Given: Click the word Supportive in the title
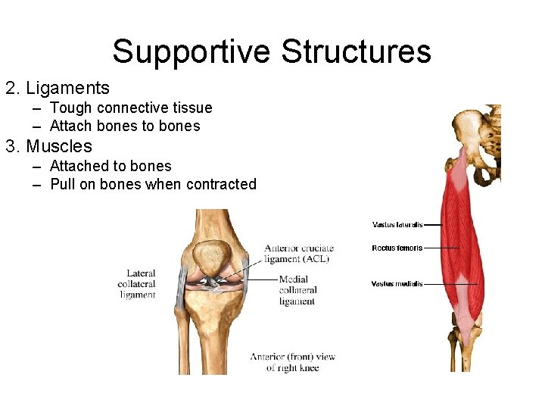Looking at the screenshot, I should (192, 52).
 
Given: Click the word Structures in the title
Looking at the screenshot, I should (356, 52).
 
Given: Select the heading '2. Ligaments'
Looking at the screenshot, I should (58, 89).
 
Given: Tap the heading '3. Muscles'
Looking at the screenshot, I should (49, 146).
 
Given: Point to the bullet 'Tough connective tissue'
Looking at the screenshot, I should (131, 108).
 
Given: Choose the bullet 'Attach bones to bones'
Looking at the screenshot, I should (125, 126).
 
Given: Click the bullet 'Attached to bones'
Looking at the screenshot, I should (111, 166).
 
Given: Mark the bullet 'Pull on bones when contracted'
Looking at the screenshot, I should (153, 184).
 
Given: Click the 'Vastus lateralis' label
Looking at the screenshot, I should (397, 225).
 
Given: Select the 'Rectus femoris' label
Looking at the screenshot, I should (397, 248).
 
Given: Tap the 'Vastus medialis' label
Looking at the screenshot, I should (397, 284).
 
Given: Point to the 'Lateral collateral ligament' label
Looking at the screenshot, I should (137, 284).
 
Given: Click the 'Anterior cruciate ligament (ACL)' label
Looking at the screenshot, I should (298, 254).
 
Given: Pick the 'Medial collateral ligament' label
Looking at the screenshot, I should (297, 290).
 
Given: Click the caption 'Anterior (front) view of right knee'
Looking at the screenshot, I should (292, 362).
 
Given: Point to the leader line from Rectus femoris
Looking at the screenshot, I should (442, 248).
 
